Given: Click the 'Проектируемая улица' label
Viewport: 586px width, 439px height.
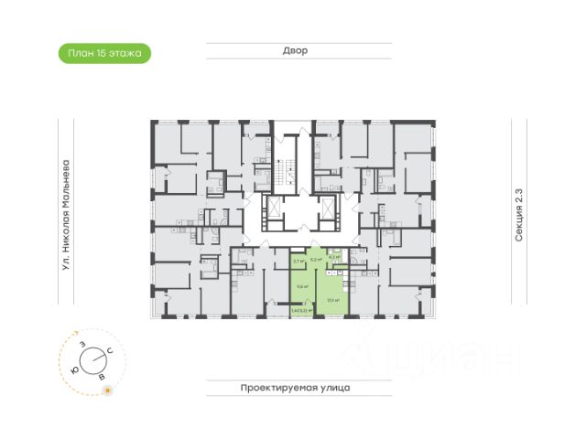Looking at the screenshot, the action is pyautogui.click(x=296, y=388).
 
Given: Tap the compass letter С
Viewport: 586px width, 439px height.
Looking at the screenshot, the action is pyautogui.click(x=110, y=350).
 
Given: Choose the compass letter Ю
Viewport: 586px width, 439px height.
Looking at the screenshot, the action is pyautogui.click(x=73, y=360).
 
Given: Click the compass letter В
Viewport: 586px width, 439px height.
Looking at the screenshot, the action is pyautogui.click(x=102, y=375).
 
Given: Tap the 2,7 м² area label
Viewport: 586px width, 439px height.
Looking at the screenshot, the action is pyautogui.click(x=298, y=262).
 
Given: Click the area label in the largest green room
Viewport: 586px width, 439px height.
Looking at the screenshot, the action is pyautogui.click(x=334, y=299).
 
